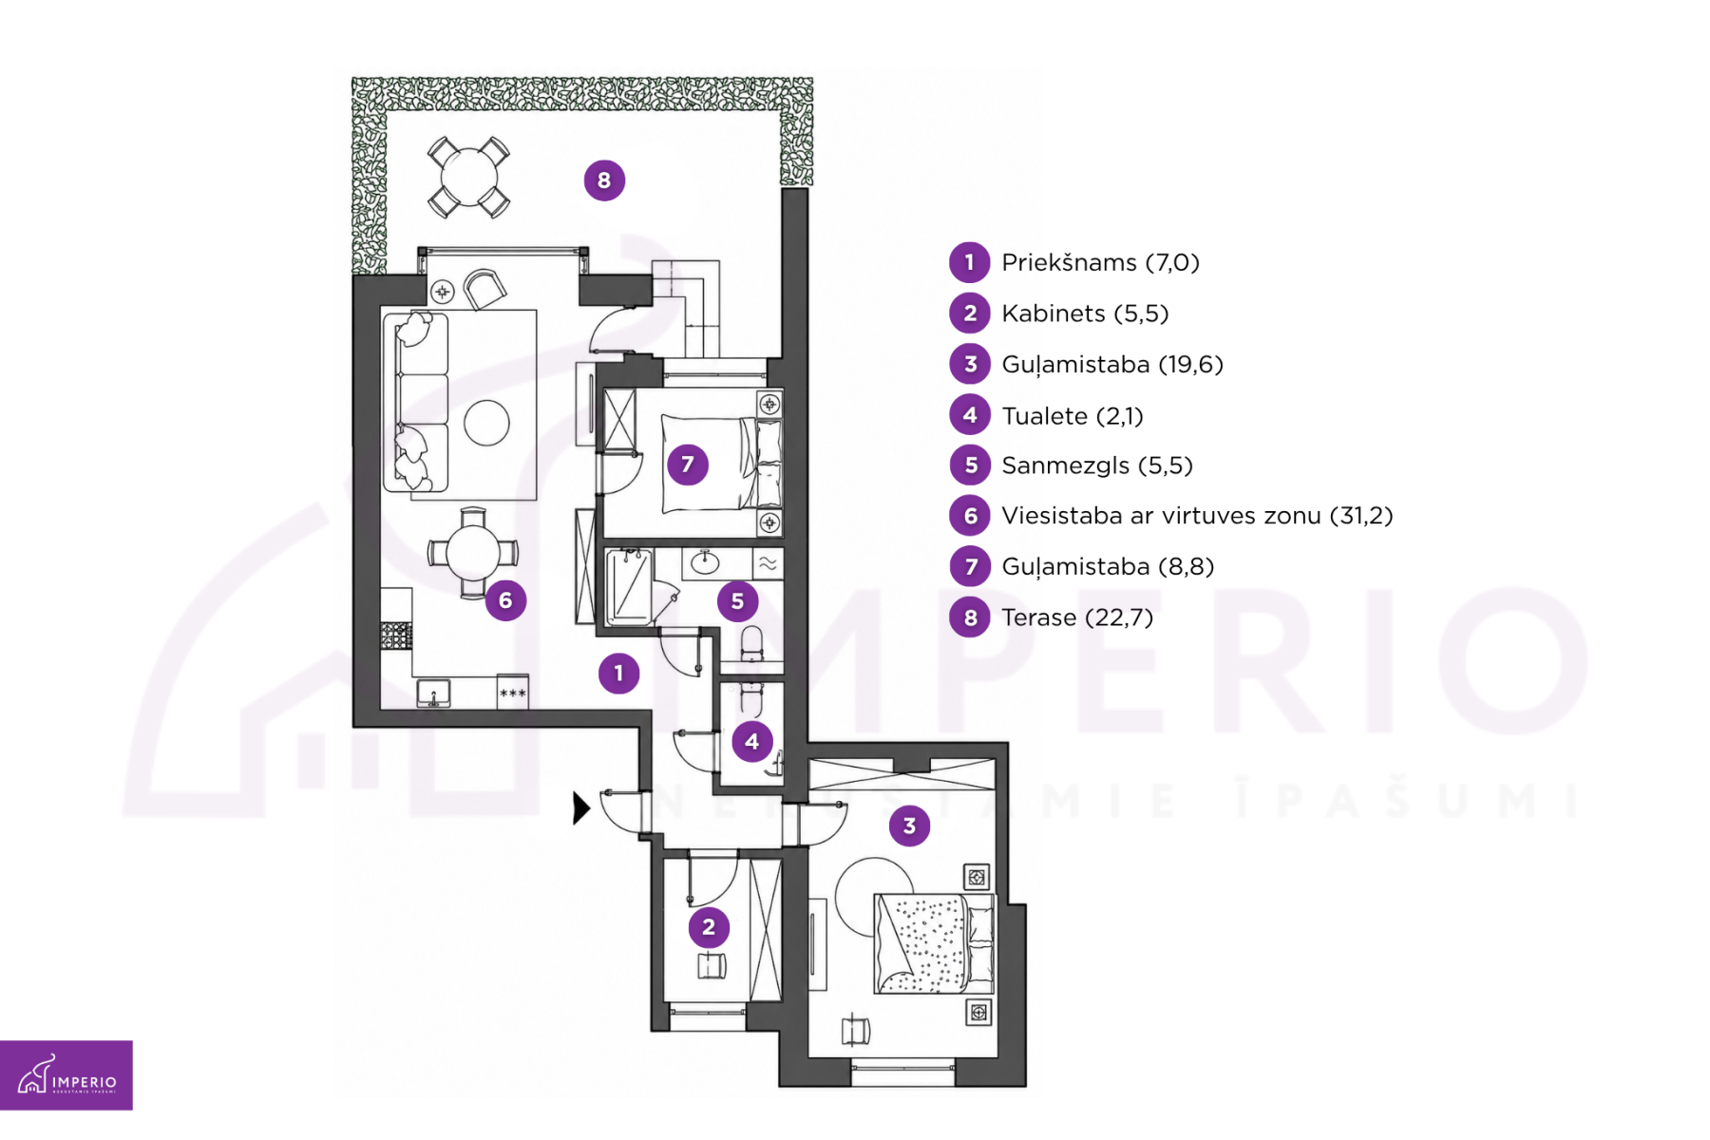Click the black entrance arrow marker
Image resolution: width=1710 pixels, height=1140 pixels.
pyautogui.click(x=581, y=808)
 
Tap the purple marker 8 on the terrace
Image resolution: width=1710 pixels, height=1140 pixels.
pyautogui.click(x=604, y=180)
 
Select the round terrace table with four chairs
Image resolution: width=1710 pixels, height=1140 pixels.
pyautogui.click(x=468, y=177)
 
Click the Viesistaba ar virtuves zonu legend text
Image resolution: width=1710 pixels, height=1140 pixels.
pyautogui.click(x=1197, y=516)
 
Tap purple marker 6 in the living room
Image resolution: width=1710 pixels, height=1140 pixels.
pyautogui.click(x=505, y=599)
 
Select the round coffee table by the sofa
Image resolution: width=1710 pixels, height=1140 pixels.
pyautogui.click(x=486, y=423)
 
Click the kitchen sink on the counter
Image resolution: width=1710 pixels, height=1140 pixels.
pyautogui.click(x=433, y=693)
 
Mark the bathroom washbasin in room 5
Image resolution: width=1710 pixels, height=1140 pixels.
pyautogui.click(x=704, y=563)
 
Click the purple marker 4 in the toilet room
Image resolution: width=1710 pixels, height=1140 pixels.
pyautogui.click(x=751, y=741)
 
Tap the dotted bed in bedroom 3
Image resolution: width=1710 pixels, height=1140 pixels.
pyautogui.click(x=934, y=943)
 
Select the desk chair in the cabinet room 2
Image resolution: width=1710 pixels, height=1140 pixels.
pyautogui.click(x=712, y=966)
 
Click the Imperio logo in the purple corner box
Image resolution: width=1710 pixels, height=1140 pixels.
pyautogui.click(x=66, y=1075)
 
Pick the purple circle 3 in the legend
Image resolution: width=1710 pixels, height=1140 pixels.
pyautogui.click(x=970, y=364)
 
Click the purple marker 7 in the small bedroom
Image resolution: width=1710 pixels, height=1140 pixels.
pyautogui.click(x=688, y=465)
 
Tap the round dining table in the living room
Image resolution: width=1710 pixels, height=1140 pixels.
pyautogui.click(x=472, y=552)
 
